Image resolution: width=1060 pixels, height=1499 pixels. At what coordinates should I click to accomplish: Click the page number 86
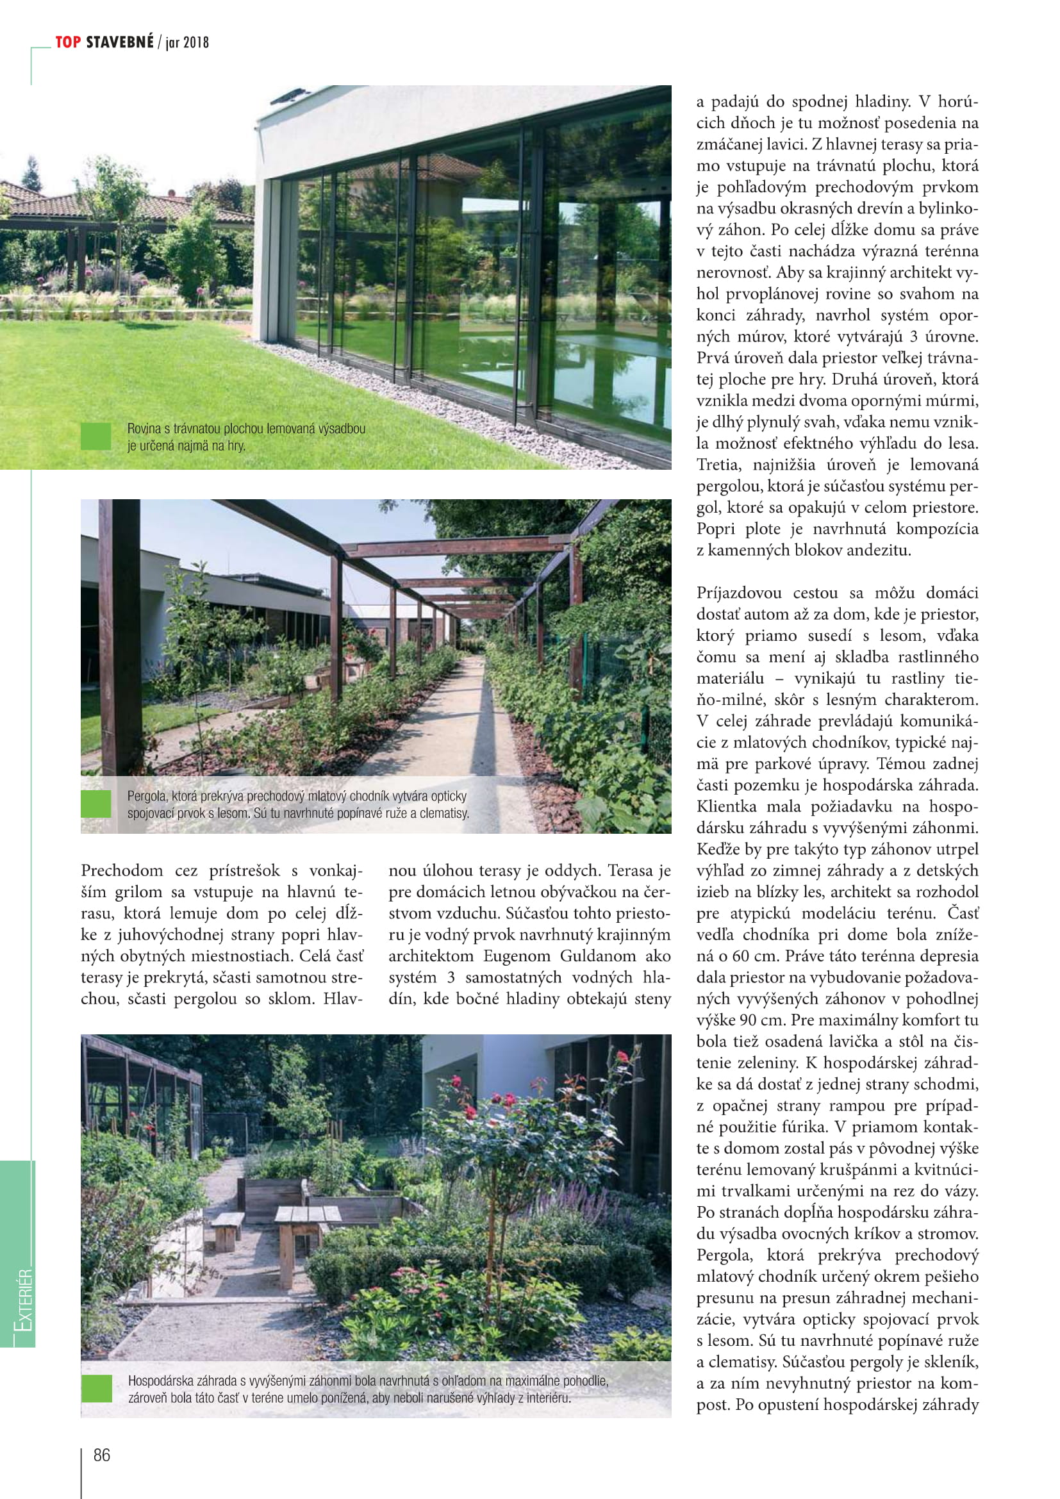(102, 1455)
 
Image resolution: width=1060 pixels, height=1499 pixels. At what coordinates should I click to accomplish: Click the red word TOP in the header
(68, 42)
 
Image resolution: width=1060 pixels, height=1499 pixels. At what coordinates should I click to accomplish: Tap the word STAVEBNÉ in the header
(120, 42)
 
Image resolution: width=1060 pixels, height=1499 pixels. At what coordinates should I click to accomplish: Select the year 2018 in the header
(196, 43)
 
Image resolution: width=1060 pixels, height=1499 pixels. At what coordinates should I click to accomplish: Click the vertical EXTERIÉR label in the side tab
(24, 1300)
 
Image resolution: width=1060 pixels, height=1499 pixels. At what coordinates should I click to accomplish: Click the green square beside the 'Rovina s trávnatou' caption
(96, 436)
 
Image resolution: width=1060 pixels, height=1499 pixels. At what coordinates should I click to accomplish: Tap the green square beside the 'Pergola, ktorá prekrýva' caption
(96, 804)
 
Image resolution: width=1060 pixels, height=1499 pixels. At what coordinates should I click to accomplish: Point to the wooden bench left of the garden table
(226, 1223)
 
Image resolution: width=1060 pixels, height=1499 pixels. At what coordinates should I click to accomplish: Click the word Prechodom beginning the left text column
(122, 870)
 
